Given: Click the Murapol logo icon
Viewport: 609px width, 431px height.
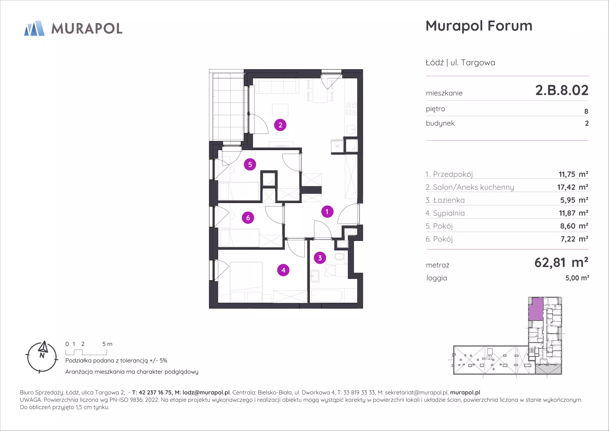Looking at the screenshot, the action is tap(34, 28).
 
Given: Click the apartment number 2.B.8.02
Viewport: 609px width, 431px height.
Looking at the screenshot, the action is tap(562, 90).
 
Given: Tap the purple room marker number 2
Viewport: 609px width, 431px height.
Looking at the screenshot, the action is tap(280, 125).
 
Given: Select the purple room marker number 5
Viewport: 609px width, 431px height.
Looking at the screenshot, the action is tap(250, 164).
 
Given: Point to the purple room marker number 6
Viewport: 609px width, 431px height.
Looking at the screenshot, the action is tap(248, 218).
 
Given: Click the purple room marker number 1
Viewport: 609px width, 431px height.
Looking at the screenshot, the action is tap(327, 212).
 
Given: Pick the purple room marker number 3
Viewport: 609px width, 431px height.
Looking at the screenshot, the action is tap(320, 258).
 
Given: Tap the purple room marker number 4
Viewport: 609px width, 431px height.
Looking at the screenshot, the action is tap(283, 270).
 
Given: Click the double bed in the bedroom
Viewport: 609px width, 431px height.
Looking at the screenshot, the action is tap(246, 282).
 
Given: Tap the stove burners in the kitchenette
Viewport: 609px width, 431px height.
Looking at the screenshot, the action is tap(351, 109).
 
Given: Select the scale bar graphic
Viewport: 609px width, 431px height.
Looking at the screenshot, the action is tap(86, 352).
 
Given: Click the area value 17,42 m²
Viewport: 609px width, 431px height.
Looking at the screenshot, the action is tap(573, 187).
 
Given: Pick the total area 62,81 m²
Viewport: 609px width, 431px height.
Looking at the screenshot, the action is tap(561, 262).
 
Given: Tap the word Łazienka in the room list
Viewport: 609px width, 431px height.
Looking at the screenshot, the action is tap(449, 200).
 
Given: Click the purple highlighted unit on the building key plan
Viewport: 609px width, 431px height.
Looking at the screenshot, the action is tap(536, 309).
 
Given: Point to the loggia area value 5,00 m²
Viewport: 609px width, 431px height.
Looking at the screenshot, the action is tap(577, 278).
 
